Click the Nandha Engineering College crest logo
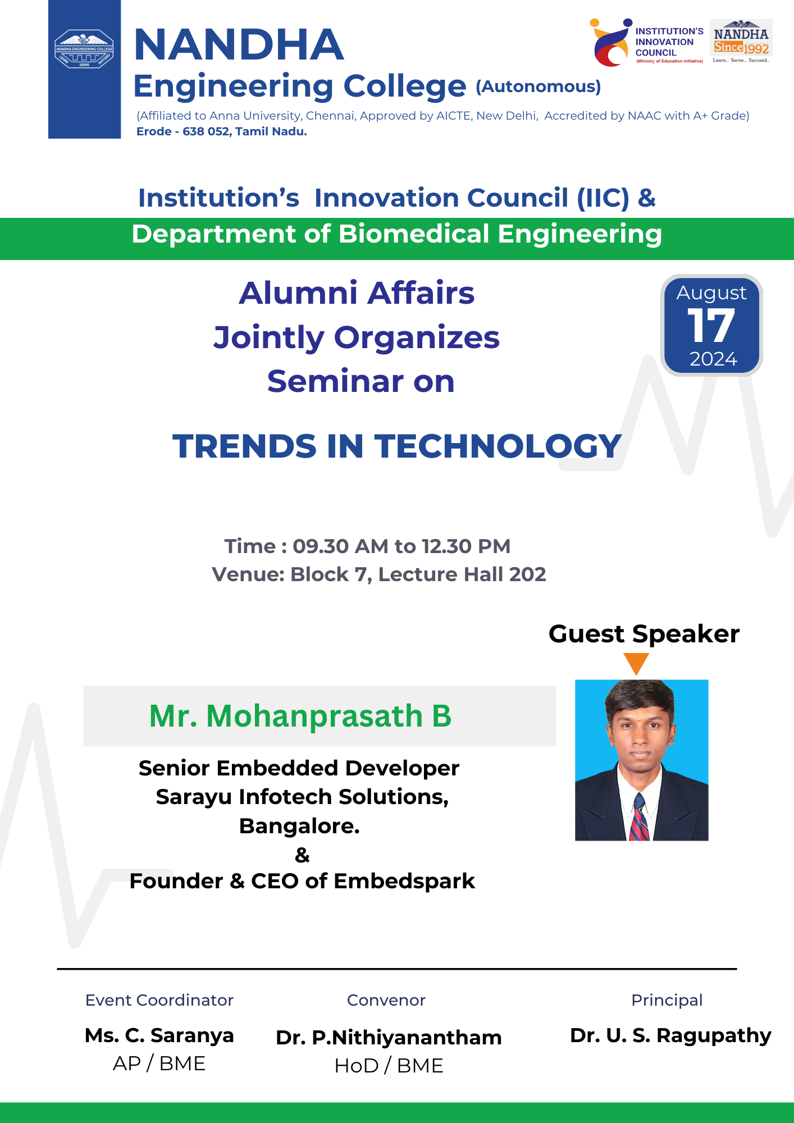(84, 49)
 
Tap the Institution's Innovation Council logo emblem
(611, 43)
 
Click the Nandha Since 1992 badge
(741, 42)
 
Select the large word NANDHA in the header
(239, 44)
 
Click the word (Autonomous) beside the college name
(539, 86)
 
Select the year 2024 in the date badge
(713, 359)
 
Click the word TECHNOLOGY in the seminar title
(498, 446)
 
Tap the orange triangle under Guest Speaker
(636, 663)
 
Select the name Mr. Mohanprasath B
(300, 716)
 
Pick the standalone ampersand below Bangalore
(302, 855)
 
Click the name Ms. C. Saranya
(159, 1035)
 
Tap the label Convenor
(386, 1000)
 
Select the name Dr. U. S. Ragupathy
(670, 1035)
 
